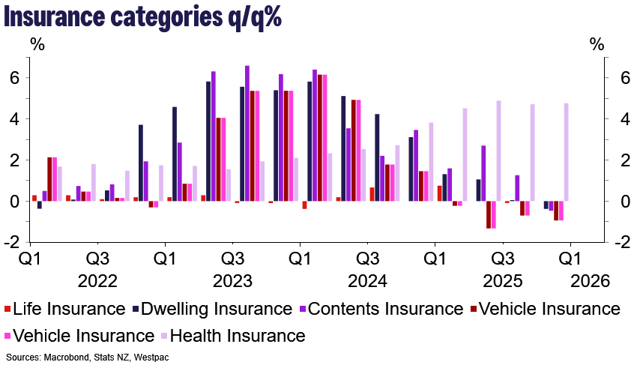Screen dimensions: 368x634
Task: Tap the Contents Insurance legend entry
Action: tap(384, 309)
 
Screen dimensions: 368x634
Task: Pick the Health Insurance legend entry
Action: tap(236, 336)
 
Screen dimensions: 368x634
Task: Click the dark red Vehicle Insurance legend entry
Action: tap(546, 309)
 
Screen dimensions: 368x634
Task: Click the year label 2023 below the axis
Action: tap(232, 282)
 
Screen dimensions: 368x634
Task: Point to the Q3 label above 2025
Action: tap(503, 259)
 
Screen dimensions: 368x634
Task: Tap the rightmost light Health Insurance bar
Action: tap(566, 152)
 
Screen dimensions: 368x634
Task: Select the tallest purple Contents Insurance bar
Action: tap(247, 133)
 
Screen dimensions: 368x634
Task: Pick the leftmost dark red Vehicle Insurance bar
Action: tap(49, 179)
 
